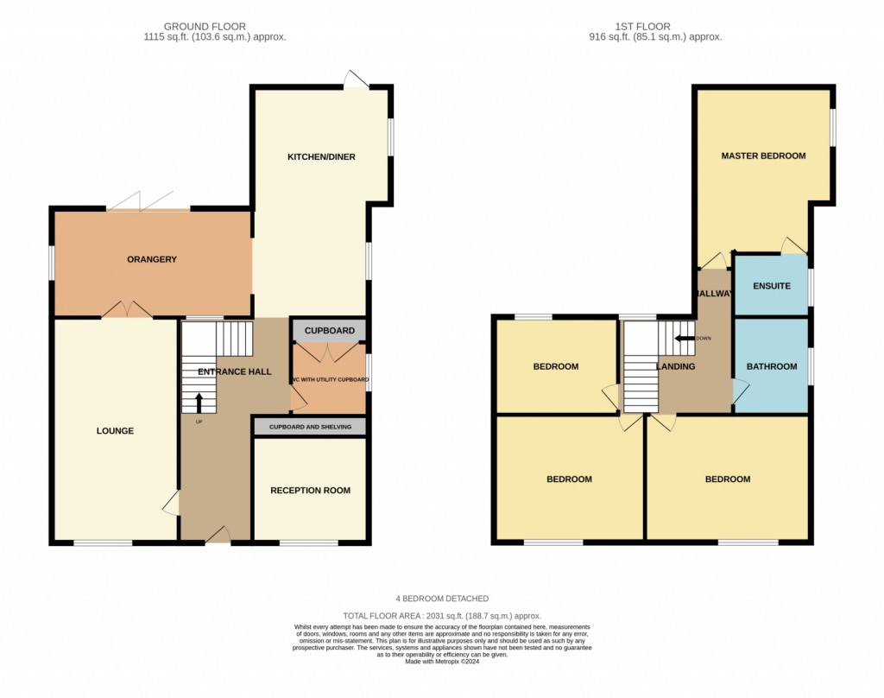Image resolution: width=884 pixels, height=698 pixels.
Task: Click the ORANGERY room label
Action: click(151, 259)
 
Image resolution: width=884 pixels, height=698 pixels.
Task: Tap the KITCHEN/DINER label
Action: click(321, 157)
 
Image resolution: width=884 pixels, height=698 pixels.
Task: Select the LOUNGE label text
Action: click(115, 430)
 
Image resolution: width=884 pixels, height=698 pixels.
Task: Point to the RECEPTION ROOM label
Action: click(310, 490)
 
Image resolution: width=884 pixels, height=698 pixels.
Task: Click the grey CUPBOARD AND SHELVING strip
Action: click(310, 427)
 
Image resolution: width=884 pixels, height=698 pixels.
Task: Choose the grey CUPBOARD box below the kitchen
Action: click(329, 331)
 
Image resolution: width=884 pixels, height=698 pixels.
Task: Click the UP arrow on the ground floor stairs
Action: click(199, 402)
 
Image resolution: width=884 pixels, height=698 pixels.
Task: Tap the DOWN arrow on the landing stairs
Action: click(686, 338)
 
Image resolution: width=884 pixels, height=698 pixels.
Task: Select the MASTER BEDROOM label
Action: click(763, 155)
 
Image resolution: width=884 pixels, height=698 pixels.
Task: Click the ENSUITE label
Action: click(771, 285)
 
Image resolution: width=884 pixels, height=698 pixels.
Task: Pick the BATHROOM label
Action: click(771, 366)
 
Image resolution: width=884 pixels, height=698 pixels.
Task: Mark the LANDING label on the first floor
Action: click(676, 366)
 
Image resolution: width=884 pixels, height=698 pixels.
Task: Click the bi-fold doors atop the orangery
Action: click(148, 202)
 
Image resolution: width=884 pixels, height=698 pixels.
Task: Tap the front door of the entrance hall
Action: click(218, 537)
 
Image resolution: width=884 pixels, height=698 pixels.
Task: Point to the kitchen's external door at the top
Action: click(356, 79)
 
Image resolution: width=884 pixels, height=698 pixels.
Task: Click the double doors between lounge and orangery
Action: click(127, 310)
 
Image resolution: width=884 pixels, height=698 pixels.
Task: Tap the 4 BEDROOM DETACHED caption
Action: click(442, 599)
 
